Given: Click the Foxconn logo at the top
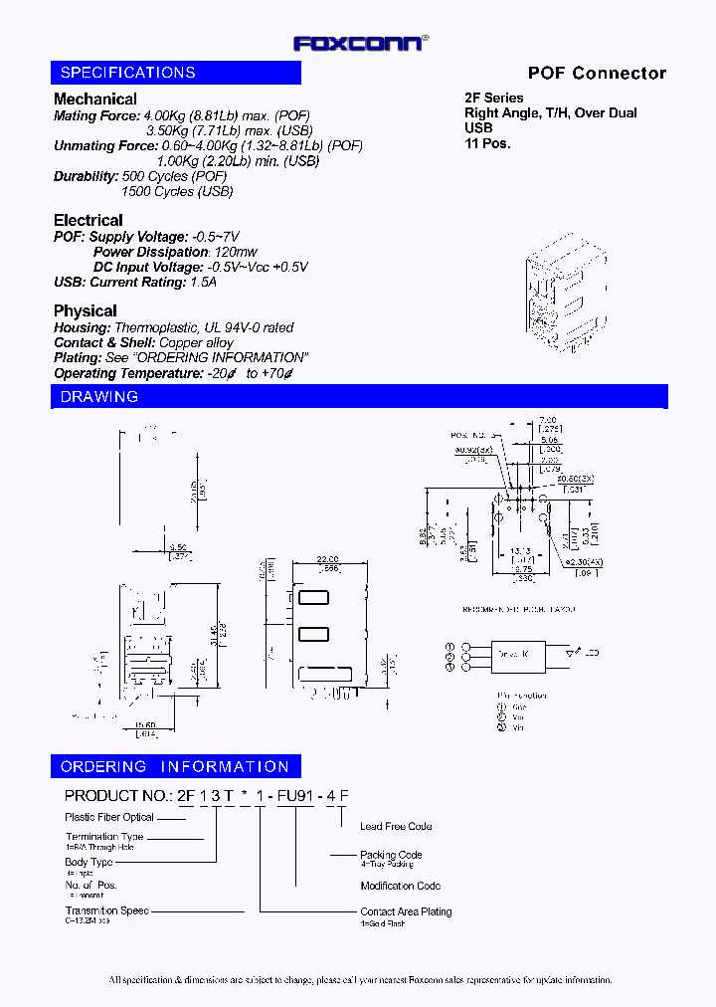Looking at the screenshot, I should click(360, 43).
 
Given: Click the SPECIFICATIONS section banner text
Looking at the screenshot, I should click(128, 73).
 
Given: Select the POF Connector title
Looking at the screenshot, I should click(597, 73).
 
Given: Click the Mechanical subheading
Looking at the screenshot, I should click(95, 99).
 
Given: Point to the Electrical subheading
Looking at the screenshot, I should click(89, 220).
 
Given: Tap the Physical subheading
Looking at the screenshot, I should click(86, 310).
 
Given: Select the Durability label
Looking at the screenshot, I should click(86, 176).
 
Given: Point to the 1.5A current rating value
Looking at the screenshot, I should click(204, 282).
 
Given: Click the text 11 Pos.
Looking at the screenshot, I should click(487, 143).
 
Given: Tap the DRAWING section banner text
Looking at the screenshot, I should click(99, 397).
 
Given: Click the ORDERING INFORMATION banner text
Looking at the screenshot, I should click(175, 767).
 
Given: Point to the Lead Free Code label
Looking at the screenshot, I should click(396, 826).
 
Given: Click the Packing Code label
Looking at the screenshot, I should click(391, 854).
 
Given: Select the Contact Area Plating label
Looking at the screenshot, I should click(406, 910).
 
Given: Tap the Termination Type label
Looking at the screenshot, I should click(104, 837).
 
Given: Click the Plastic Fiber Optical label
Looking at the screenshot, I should click(110, 817).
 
